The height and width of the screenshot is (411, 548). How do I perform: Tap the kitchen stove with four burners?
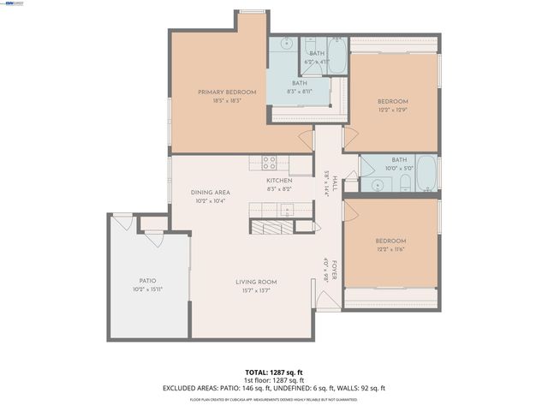click(269, 162)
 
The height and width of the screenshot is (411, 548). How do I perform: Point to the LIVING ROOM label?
click(257, 282)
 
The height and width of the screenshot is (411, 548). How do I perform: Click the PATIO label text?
click(147, 281)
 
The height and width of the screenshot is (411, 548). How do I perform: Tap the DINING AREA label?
click(207, 193)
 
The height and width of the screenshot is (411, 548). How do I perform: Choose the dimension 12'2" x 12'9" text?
click(394, 110)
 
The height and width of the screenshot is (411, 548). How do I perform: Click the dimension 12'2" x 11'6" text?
click(390, 249)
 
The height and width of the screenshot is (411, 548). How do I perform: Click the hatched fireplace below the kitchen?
click(271, 225)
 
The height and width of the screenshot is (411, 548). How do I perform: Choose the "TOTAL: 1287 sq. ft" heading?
click(274, 372)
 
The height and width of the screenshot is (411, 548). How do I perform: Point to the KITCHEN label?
click(279, 181)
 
